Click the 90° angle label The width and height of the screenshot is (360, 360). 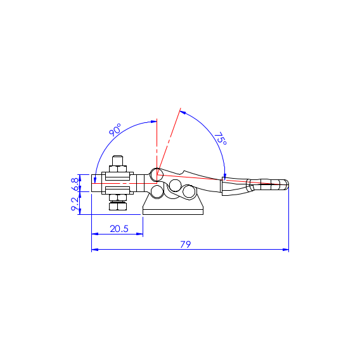point(115,130)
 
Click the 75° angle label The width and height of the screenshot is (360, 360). point(221,139)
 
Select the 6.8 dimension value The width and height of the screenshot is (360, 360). point(75,184)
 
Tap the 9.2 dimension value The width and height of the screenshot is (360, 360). point(75,204)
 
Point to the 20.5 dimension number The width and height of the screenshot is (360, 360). point(119,229)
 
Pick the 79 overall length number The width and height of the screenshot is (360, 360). point(186,244)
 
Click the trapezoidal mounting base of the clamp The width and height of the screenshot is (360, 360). point(173,205)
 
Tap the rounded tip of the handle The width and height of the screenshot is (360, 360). point(286,184)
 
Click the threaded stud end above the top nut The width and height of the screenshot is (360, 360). point(118,161)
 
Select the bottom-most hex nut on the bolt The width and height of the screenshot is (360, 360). point(118,206)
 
